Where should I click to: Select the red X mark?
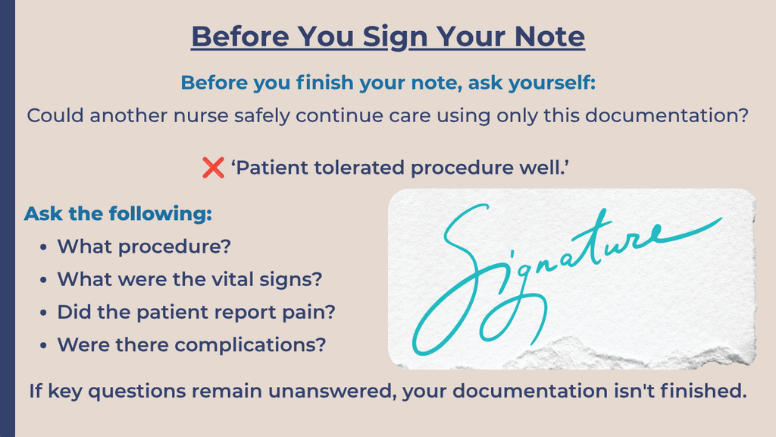(213, 168)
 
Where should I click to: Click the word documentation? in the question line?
(667, 115)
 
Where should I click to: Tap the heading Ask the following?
(117, 213)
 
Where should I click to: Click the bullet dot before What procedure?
(43, 247)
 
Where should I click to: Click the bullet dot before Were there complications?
(43, 345)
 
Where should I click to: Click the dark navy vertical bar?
(8, 218)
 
